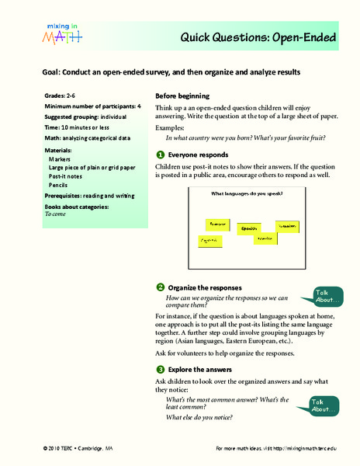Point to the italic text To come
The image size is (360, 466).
pyautogui.click(x=57, y=217)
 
